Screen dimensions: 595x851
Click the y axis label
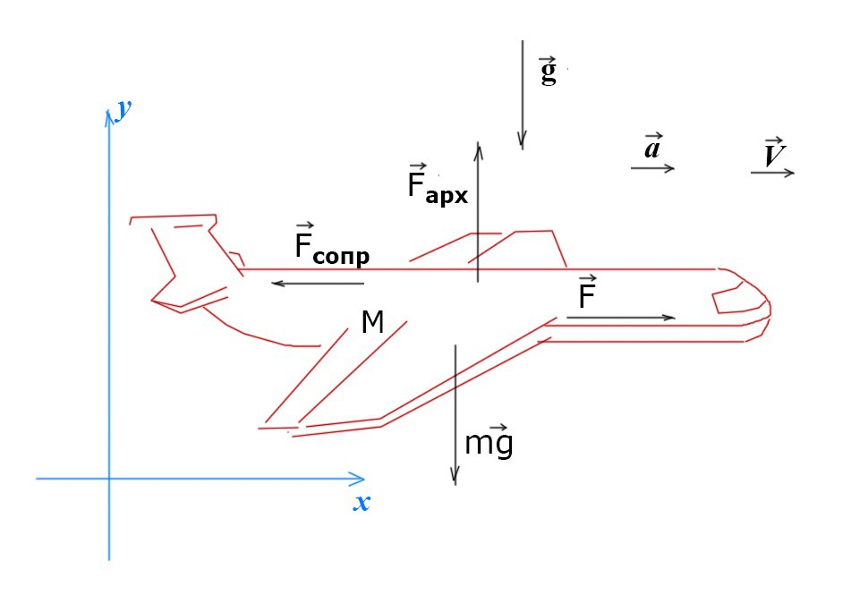[x=124, y=111]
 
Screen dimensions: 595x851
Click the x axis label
[x=362, y=503]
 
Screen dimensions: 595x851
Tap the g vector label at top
[x=548, y=71]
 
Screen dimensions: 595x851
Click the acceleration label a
[x=653, y=147]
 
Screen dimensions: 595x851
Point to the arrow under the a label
[x=652, y=167]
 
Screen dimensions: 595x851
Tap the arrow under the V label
[x=773, y=173]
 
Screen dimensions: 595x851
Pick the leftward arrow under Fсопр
[x=319, y=284]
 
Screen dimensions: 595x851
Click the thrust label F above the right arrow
[x=588, y=294]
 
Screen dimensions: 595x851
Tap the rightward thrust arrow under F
[x=619, y=318]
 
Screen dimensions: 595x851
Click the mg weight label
[x=489, y=441]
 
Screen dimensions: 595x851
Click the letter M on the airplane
[x=372, y=322]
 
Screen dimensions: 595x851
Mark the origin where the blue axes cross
[x=109, y=479]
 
